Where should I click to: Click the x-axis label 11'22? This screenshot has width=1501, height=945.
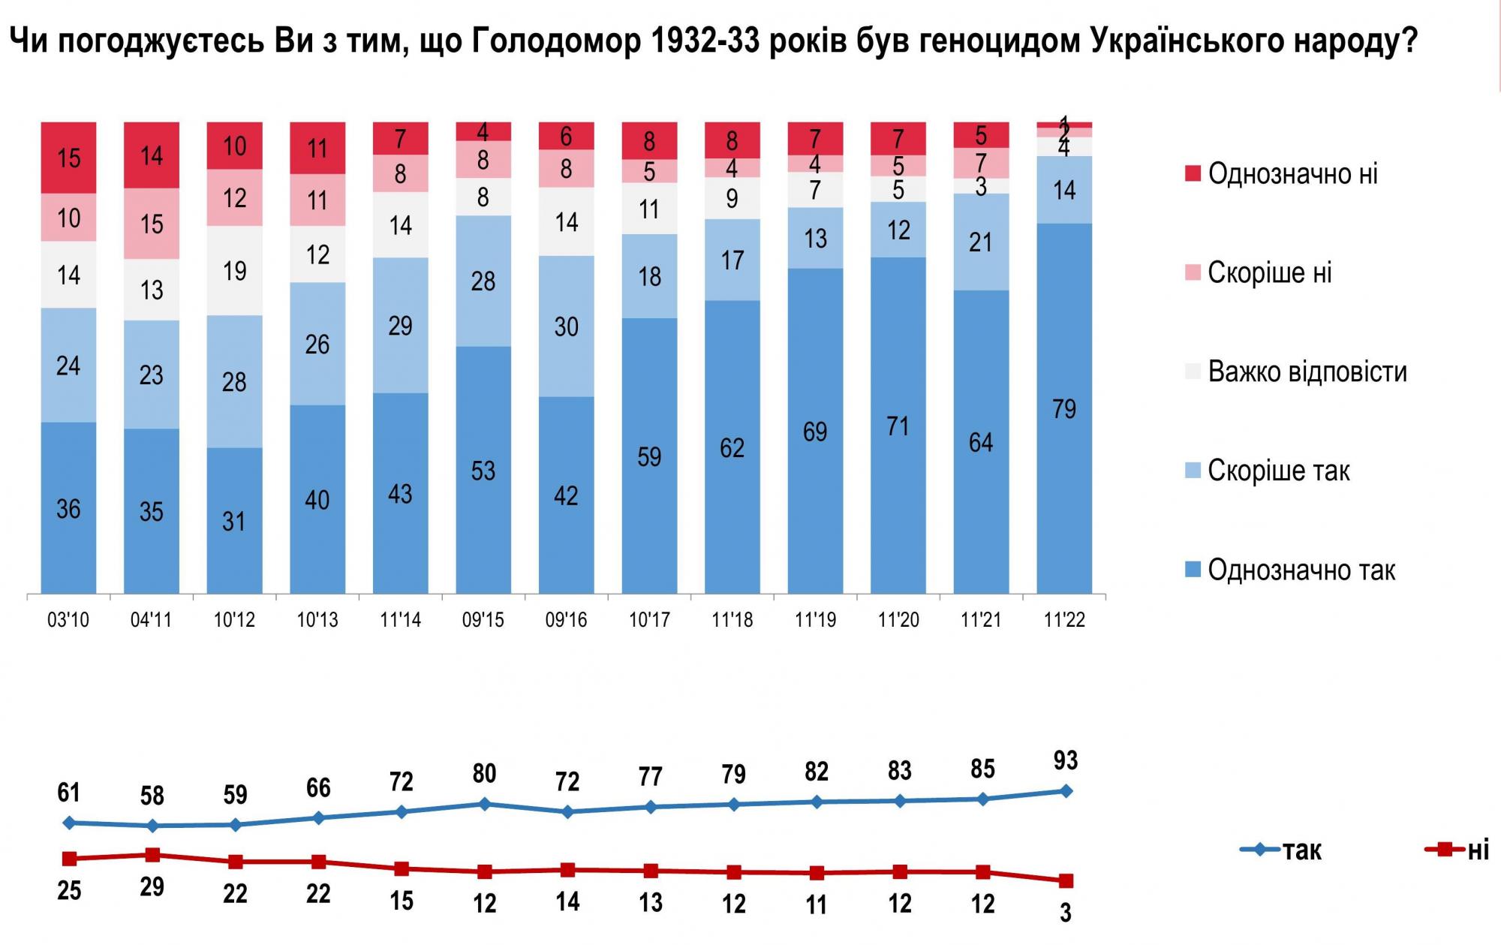pos(1064,620)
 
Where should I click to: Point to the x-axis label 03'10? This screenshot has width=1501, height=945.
pos(68,620)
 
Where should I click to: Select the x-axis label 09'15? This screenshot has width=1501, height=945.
pos(483,620)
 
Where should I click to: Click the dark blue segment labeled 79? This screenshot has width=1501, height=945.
pos(1064,409)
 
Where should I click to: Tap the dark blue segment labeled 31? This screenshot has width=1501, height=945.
pos(234,521)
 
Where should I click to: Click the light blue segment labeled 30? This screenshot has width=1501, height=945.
pos(566,327)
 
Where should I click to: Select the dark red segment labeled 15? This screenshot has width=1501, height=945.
pos(68,158)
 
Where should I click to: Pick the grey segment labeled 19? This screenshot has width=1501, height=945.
pos(234,270)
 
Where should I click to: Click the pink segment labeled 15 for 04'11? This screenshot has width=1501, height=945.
pos(152,224)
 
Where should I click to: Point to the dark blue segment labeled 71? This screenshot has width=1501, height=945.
pos(898,426)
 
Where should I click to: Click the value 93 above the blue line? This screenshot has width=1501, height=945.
pos(1065,760)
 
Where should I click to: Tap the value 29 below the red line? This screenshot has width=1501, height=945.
pos(152,886)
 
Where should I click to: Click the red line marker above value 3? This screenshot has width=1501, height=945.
pos(1065,880)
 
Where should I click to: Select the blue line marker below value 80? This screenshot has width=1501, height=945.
pos(484,804)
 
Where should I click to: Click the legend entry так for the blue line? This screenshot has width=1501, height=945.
pos(1301,850)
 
